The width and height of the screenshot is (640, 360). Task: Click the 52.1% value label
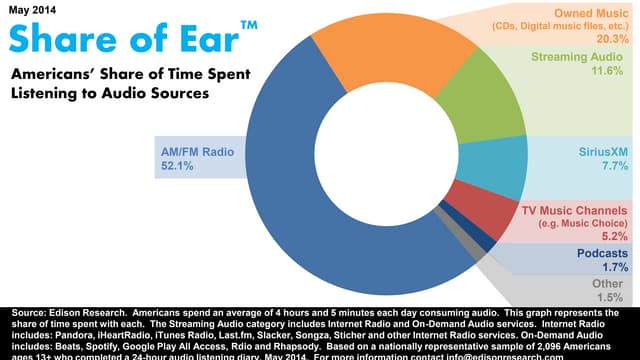coord(177,168)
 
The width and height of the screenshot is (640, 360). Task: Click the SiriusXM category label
coord(604,152)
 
